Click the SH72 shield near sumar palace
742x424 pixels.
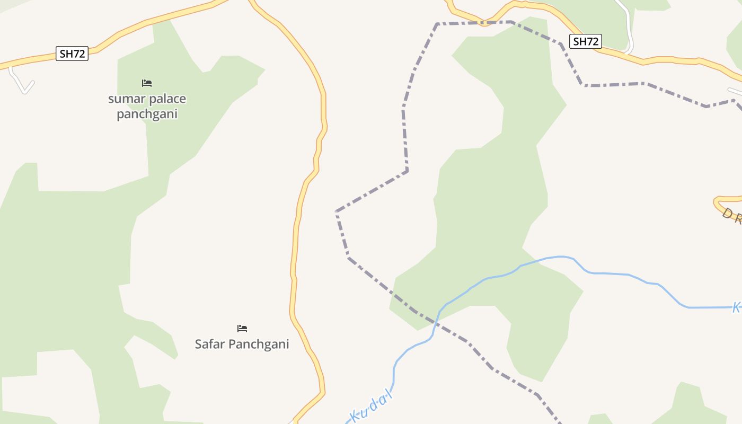coord(72,54)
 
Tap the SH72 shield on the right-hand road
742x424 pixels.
coord(586,41)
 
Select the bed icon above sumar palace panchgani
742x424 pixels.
coord(147,83)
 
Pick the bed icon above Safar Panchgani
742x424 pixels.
coord(242,329)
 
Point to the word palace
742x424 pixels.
coord(167,99)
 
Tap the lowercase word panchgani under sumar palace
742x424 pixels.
coord(147,114)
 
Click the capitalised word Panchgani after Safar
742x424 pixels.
coord(259,344)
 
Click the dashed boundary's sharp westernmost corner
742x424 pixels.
coord(336,211)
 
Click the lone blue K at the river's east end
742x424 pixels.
coord(737,307)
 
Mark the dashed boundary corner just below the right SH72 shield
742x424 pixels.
coord(583,85)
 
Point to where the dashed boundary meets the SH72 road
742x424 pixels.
coord(484,23)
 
